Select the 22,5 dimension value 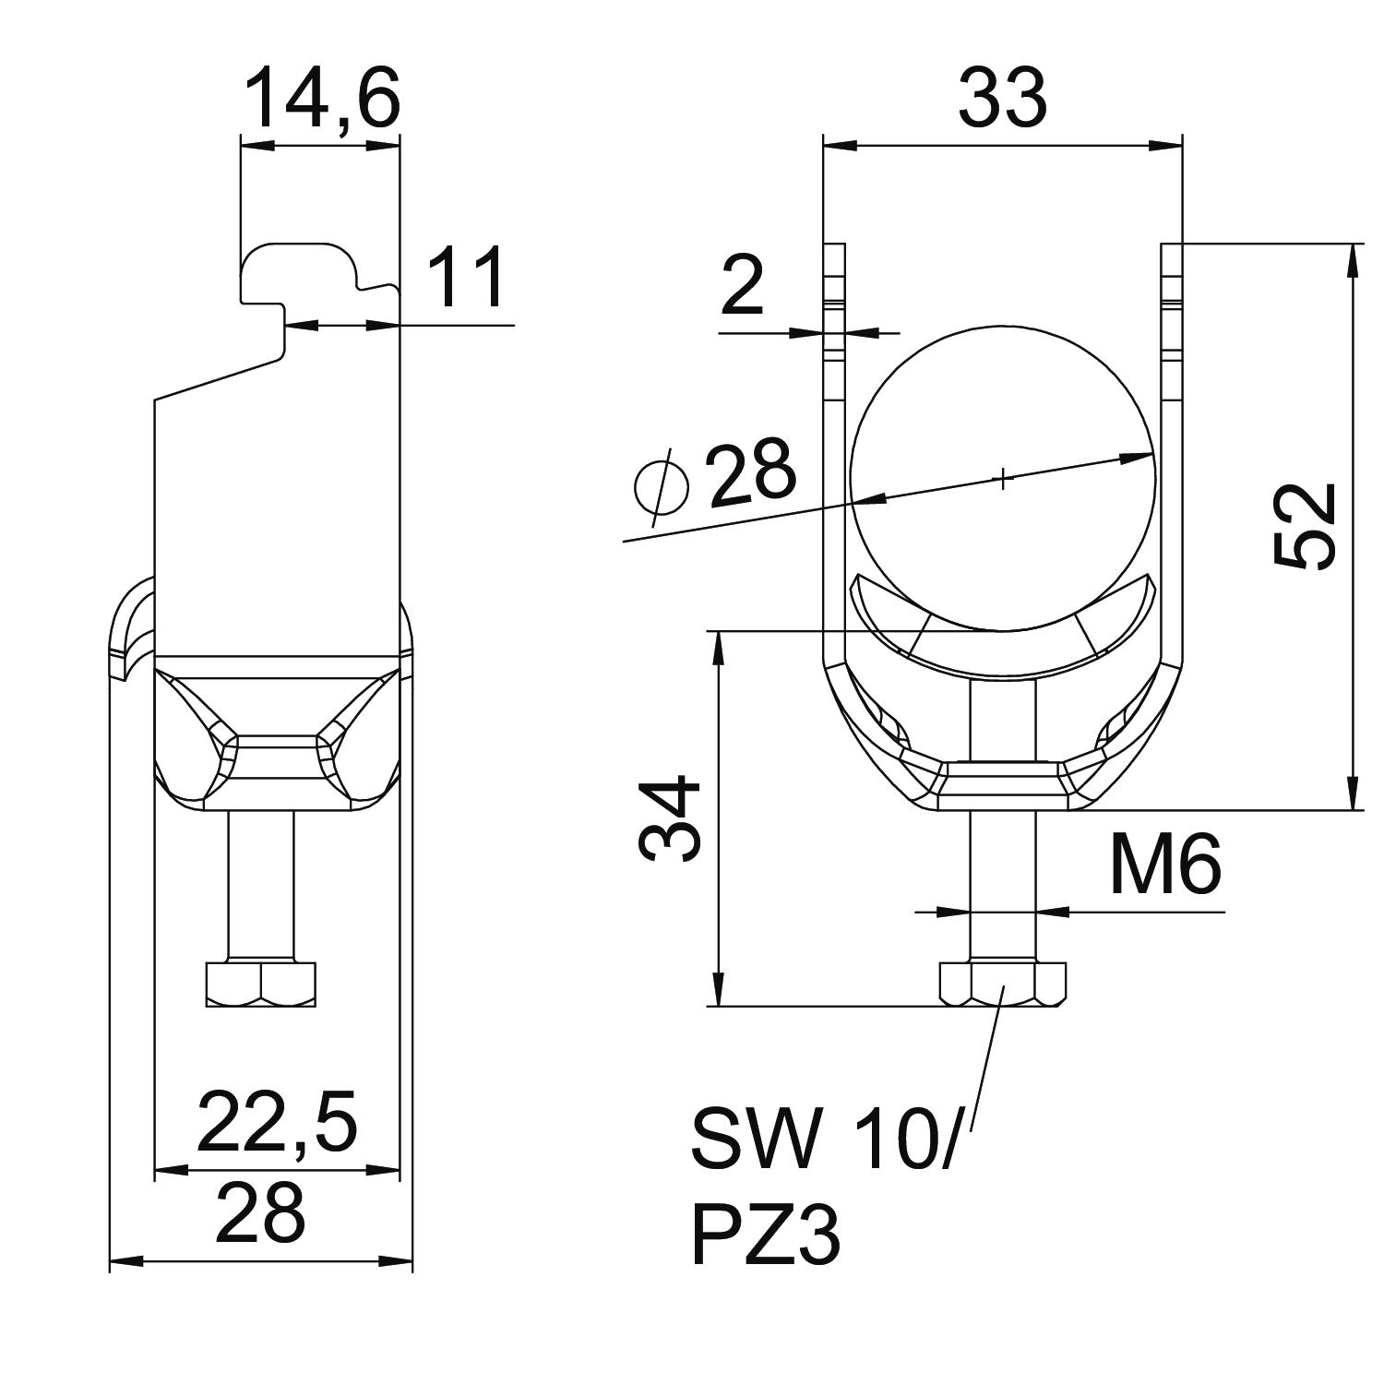point(276,1122)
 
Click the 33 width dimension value point(1002,98)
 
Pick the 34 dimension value point(671,818)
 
